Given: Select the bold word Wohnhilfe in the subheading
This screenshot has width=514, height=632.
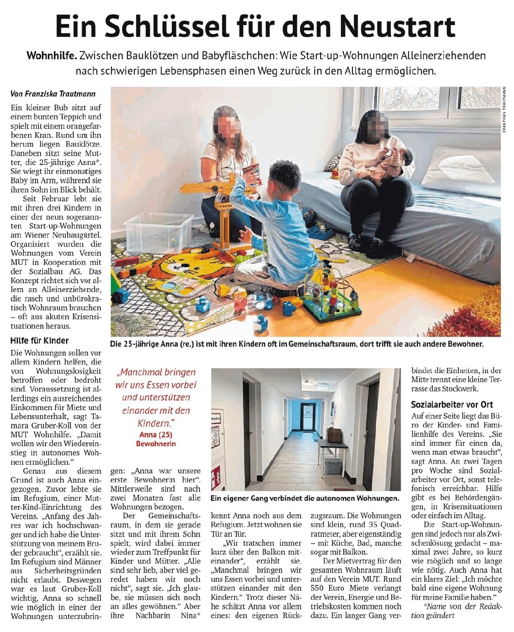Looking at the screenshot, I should pos(51,56).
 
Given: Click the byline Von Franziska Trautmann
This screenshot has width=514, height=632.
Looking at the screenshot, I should pos(53,94).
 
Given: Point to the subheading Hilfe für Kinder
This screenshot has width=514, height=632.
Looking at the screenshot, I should pos(40,341).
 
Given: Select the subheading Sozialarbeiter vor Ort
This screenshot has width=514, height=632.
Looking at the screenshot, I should pos(452,404).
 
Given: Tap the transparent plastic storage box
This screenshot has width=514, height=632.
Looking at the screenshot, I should pos(152,233).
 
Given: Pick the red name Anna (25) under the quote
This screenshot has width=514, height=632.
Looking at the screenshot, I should pos(156,435).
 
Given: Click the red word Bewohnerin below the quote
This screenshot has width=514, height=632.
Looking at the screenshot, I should pos(156,444).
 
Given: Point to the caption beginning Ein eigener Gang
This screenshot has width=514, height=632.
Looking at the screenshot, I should pos(305,498).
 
